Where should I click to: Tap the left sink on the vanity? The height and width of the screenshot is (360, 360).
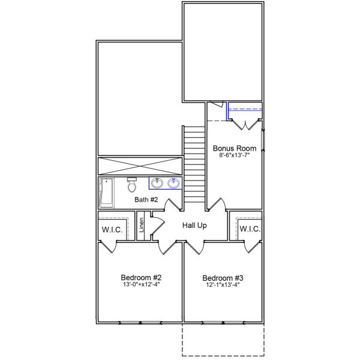click(x=158, y=183)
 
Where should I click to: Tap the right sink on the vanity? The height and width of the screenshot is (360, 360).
click(x=174, y=183)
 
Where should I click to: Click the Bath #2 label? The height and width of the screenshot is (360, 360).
click(x=146, y=200)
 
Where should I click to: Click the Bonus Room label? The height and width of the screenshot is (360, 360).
click(x=235, y=148)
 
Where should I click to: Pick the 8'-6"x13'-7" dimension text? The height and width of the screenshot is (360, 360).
click(x=235, y=155)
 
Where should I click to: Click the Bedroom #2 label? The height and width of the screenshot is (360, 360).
click(x=141, y=277)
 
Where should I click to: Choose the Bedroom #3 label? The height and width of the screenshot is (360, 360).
click(x=223, y=278)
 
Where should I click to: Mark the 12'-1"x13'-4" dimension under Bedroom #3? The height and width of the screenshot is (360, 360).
click(x=223, y=285)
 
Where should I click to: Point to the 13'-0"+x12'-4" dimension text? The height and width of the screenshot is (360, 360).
click(x=141, y=284)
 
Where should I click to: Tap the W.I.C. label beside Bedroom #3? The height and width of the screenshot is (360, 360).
click(x=249, y=229)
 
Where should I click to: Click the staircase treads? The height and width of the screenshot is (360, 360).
click(x=194, y=165)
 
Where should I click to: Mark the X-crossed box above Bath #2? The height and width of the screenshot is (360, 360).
click(x=139, y=166)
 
